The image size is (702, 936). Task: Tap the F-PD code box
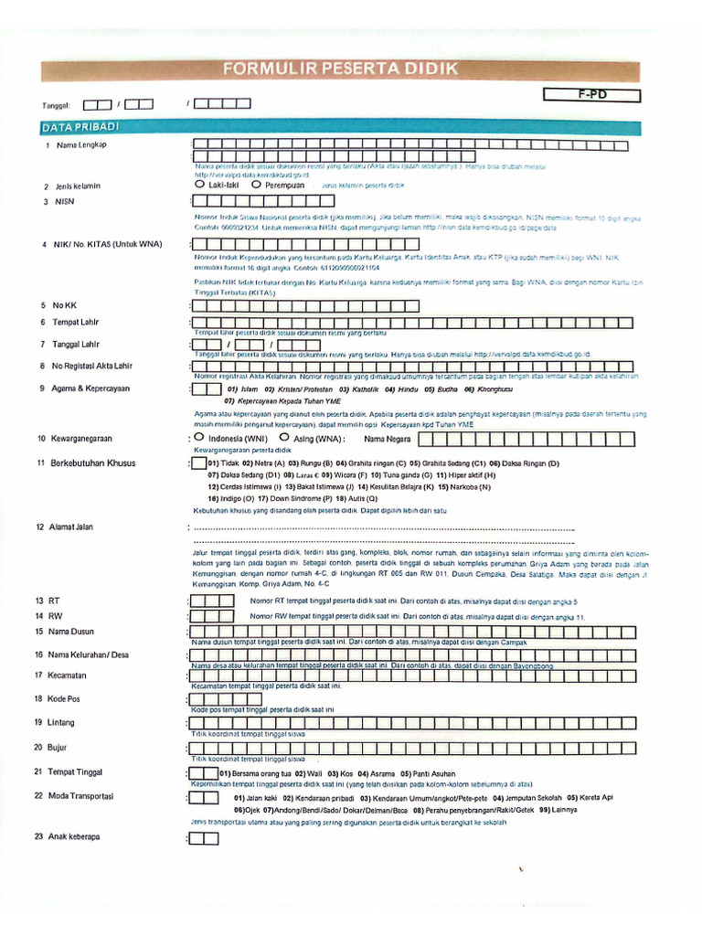tap(591, 95)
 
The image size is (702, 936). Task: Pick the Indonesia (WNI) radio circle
tap(199, 438)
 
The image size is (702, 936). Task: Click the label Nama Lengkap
tap(82, 145)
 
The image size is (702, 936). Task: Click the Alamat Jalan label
tap(77, 527)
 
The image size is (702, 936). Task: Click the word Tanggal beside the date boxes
tap(57, 105)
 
